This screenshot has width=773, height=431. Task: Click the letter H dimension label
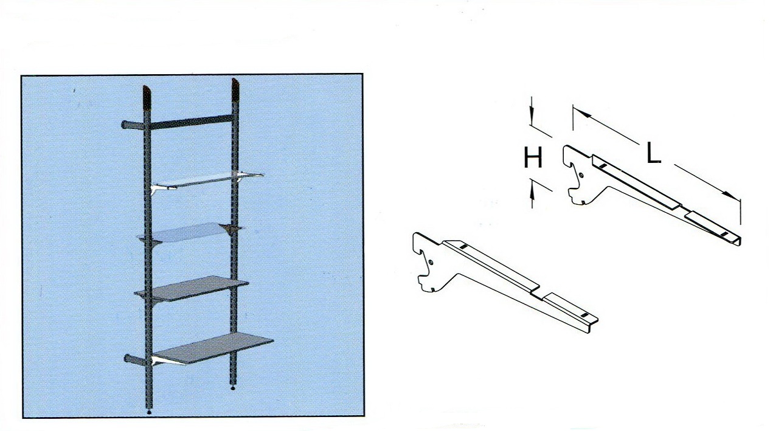(533, 157)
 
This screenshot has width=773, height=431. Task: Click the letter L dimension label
(653, 153)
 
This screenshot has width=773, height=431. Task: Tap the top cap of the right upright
(235, 88)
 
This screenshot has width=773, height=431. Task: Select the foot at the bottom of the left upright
(150, 412)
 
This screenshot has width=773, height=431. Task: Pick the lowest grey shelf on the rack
(213, 348)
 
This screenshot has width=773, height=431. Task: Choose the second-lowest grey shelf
(192, 288)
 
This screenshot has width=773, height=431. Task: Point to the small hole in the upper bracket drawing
(582, 175)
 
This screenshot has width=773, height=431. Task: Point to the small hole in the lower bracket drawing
(431, 263)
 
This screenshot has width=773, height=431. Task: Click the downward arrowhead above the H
(532, 117)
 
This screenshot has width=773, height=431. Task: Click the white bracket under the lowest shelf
(165, 360)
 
